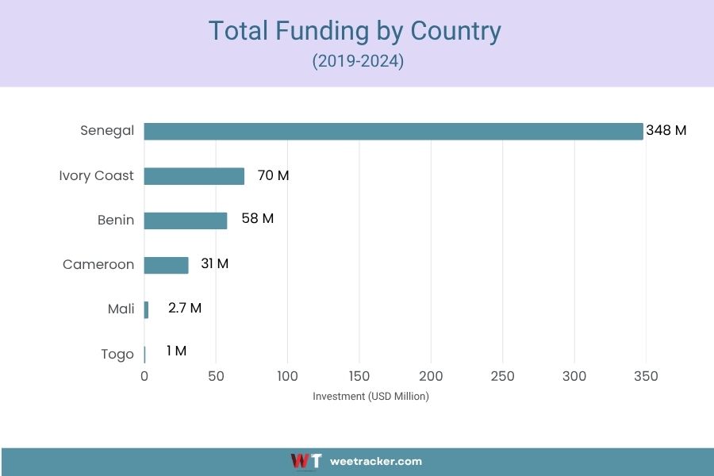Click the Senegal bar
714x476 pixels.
[393, 131]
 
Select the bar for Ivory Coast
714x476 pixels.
[194, 176]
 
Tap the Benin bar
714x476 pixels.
[185, 221]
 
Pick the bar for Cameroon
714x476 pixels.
[166, 265]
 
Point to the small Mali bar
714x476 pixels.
[146, 309]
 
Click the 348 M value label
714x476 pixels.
[666, 131]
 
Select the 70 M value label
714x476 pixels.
[273, 175]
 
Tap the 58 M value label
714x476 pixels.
[257, 218]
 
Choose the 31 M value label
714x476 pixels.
[214, 263]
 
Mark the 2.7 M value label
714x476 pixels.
[185, 308]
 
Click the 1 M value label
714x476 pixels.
[176, 351]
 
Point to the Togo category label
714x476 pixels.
[117, 354]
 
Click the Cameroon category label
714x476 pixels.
[98, 264]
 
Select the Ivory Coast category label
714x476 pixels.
[96, 175]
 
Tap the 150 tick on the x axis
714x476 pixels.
[359, 376]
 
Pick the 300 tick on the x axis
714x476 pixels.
[574, 376]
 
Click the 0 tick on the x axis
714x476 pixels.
[144, 376]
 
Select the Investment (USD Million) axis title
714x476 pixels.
[370, 397]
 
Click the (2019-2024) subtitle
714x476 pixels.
[358, 61]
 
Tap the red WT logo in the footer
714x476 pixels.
[305, 461]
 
